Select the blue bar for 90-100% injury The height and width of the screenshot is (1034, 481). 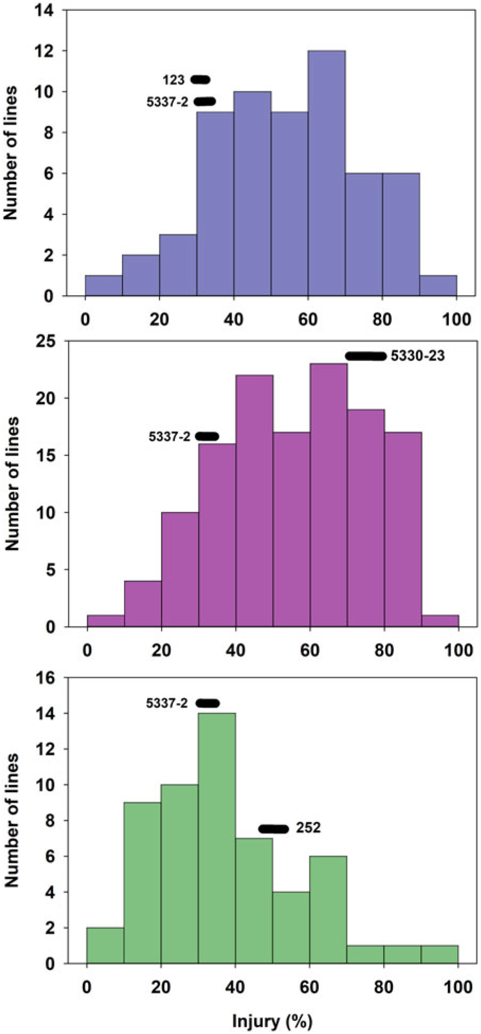pos(438,286)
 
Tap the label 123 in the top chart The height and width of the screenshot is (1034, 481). pos(173,80)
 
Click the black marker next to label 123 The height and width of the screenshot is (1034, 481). pos(200,80)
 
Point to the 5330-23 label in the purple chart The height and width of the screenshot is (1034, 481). pos(418,356)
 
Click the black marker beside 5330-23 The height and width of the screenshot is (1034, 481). pos(366,356)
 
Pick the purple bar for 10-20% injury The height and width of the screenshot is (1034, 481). pos(143,604)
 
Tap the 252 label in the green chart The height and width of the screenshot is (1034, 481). pos(308,828)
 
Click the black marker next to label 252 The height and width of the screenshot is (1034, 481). pos(273,829)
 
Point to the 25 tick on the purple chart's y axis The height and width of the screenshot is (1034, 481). pos(52,341)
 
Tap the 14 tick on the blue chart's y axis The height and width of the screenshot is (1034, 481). pos(52,10)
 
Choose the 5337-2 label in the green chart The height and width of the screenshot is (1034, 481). pos(167,703)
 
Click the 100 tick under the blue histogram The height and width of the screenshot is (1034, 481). pos(457,319)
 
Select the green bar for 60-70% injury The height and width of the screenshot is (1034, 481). pos(328,910)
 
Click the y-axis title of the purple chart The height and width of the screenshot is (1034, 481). pos(13,483)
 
